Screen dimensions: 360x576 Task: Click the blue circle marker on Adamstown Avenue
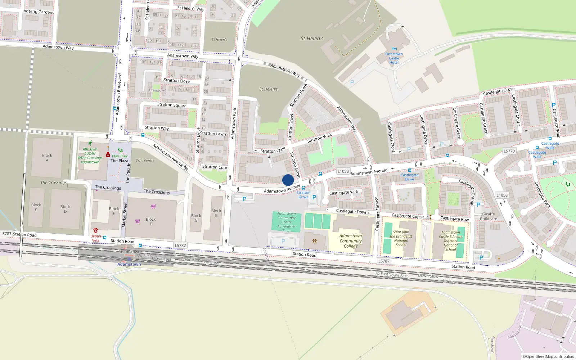tap(288, 180)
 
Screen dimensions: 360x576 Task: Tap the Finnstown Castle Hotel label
tap(394, 58)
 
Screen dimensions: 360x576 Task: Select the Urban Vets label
tap(96, 238)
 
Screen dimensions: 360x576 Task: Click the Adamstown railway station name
tap(129, 264)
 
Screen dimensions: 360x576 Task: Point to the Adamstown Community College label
tap(351, 241)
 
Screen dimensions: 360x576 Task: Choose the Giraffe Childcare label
tap(489, 216)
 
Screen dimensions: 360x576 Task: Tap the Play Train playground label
tap(120, 156)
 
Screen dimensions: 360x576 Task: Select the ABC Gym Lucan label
tap(90, 156)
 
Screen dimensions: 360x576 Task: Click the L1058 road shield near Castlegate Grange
tap(502, 195)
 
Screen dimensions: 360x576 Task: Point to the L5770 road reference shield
tap(509, 151)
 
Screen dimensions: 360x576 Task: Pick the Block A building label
tap(47, 158)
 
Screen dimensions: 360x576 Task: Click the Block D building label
tap(65, 209)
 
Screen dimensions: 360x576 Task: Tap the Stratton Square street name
tap(172, 105)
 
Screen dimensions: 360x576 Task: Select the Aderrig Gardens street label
tap(39, 12)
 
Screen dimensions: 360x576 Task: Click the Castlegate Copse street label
tap(408, 216)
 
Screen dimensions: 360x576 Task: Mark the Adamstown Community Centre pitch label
tap(287, 222)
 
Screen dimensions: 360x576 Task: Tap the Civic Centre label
tap(145, 161)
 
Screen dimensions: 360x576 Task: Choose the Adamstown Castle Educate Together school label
tap(450, 241)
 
